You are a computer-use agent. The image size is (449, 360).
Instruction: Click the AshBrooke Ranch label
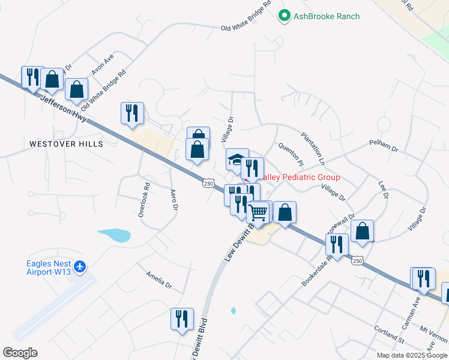pyautogui.click(x=327, y=16)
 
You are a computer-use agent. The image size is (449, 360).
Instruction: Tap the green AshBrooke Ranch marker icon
pyautogui.click(x=285, y=16)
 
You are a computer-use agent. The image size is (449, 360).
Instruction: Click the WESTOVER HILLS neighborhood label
pyautogui.click(x=66, y=144)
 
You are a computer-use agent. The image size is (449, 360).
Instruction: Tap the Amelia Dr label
pyautogui.click(x=159, y=279)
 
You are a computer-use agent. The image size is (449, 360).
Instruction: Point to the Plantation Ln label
pyautogui.click(x=313, y=149)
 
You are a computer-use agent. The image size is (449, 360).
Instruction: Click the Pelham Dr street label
pyautogui.click(x=384, y=147)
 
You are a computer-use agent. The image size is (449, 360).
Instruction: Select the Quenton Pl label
pyautogui.click(x=289, y=154)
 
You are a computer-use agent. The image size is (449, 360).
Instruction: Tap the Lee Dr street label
pyautogui.click(x=382, y=190)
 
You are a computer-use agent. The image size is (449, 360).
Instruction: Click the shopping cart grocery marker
pyautogui.click(x=259, y=212)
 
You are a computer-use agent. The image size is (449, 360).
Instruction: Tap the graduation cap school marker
pyautogui.click(x=237, y=160)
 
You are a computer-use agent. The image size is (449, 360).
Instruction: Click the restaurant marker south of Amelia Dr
pyautogui.click(x=181, y=318)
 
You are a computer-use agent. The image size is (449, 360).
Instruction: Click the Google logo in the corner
pyautogui.click(x=20, y=353)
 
